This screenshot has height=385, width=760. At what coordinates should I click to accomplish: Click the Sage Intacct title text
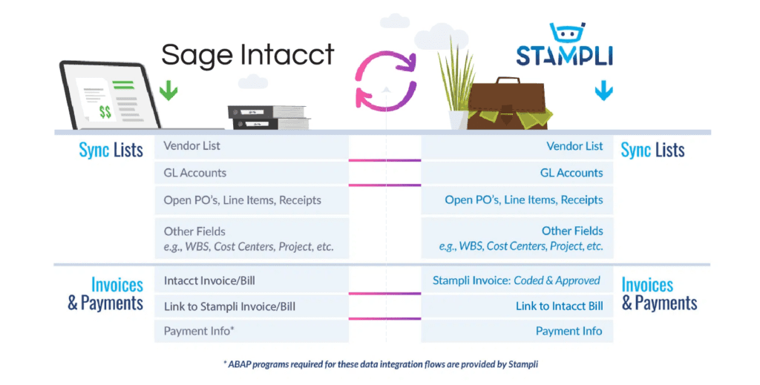tap(247, 55)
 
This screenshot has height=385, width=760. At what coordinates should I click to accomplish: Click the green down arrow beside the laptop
tap(168, 91)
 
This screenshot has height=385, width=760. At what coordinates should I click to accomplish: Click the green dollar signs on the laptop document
tap(105, 111)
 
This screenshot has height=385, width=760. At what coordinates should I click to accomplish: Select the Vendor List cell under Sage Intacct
tap(252, 147)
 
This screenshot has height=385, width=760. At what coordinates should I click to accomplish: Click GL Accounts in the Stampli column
tap(517, 173)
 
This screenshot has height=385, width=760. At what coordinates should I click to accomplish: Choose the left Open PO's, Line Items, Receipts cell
tap(252, 200)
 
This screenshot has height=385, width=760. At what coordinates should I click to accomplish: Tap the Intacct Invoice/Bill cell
tap(252, 281)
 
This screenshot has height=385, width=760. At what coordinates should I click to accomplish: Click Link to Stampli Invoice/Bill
tap(252, 306)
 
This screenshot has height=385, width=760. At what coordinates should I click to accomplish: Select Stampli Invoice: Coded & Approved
tap(517, 281)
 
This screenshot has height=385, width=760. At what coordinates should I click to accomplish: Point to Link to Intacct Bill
tap(517, 306)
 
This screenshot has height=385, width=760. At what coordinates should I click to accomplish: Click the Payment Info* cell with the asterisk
tap(252, 330)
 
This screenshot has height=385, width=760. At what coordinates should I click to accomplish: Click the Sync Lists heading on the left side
tap(111, 151)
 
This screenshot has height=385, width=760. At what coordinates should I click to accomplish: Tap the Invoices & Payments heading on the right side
tap(659, 294)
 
